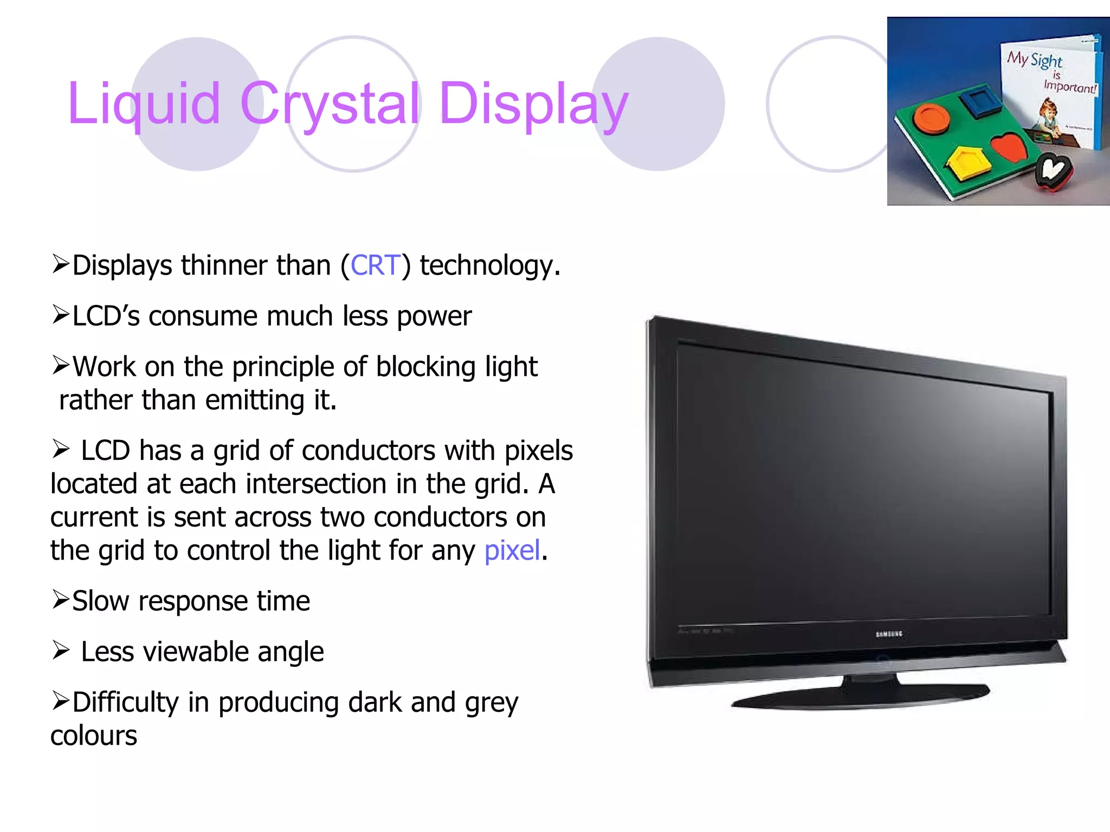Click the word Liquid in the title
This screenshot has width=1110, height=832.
(x=144, y=104)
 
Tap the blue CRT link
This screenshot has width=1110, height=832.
(x=376, y=265)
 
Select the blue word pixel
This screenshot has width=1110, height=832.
(x=512, y=551)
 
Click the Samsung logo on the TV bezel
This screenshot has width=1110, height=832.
(x=889, y=634)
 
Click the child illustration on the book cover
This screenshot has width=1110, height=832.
(x=1049, y=116)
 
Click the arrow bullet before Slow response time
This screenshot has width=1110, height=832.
(x=60, y=600)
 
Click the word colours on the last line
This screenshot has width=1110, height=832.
(x=94, y=736)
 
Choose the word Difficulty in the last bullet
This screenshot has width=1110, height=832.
(x=125, y=703)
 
